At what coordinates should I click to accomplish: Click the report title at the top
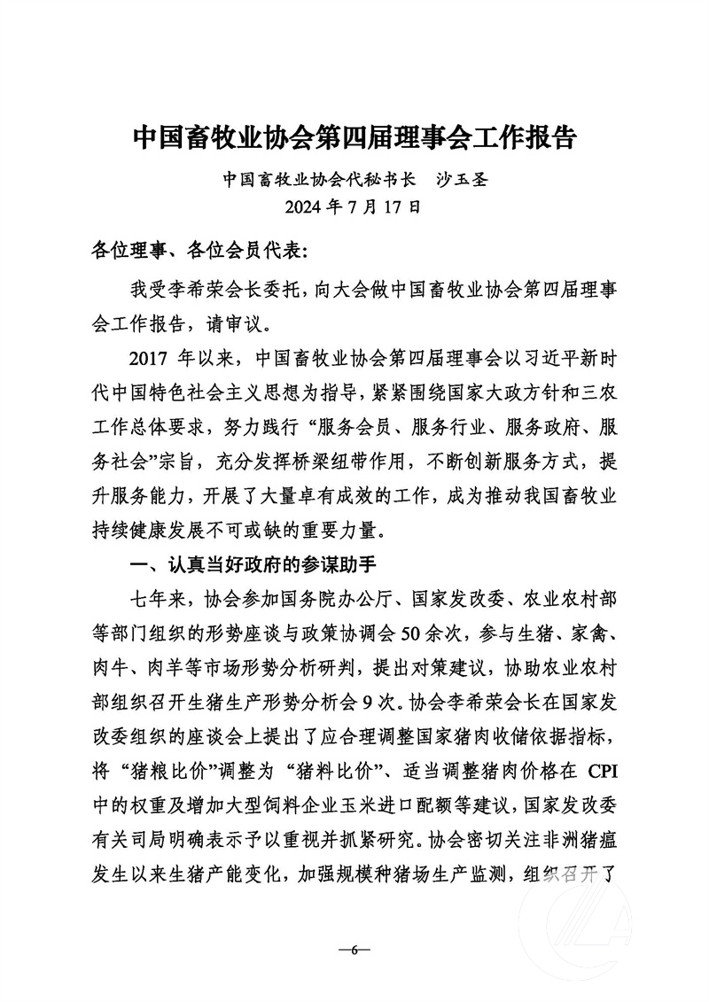pos(354,139)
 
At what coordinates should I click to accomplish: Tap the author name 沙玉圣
pos(463,180)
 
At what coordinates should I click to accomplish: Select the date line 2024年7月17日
pos(354,209)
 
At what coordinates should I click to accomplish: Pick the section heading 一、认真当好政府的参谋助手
pos(256,562)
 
